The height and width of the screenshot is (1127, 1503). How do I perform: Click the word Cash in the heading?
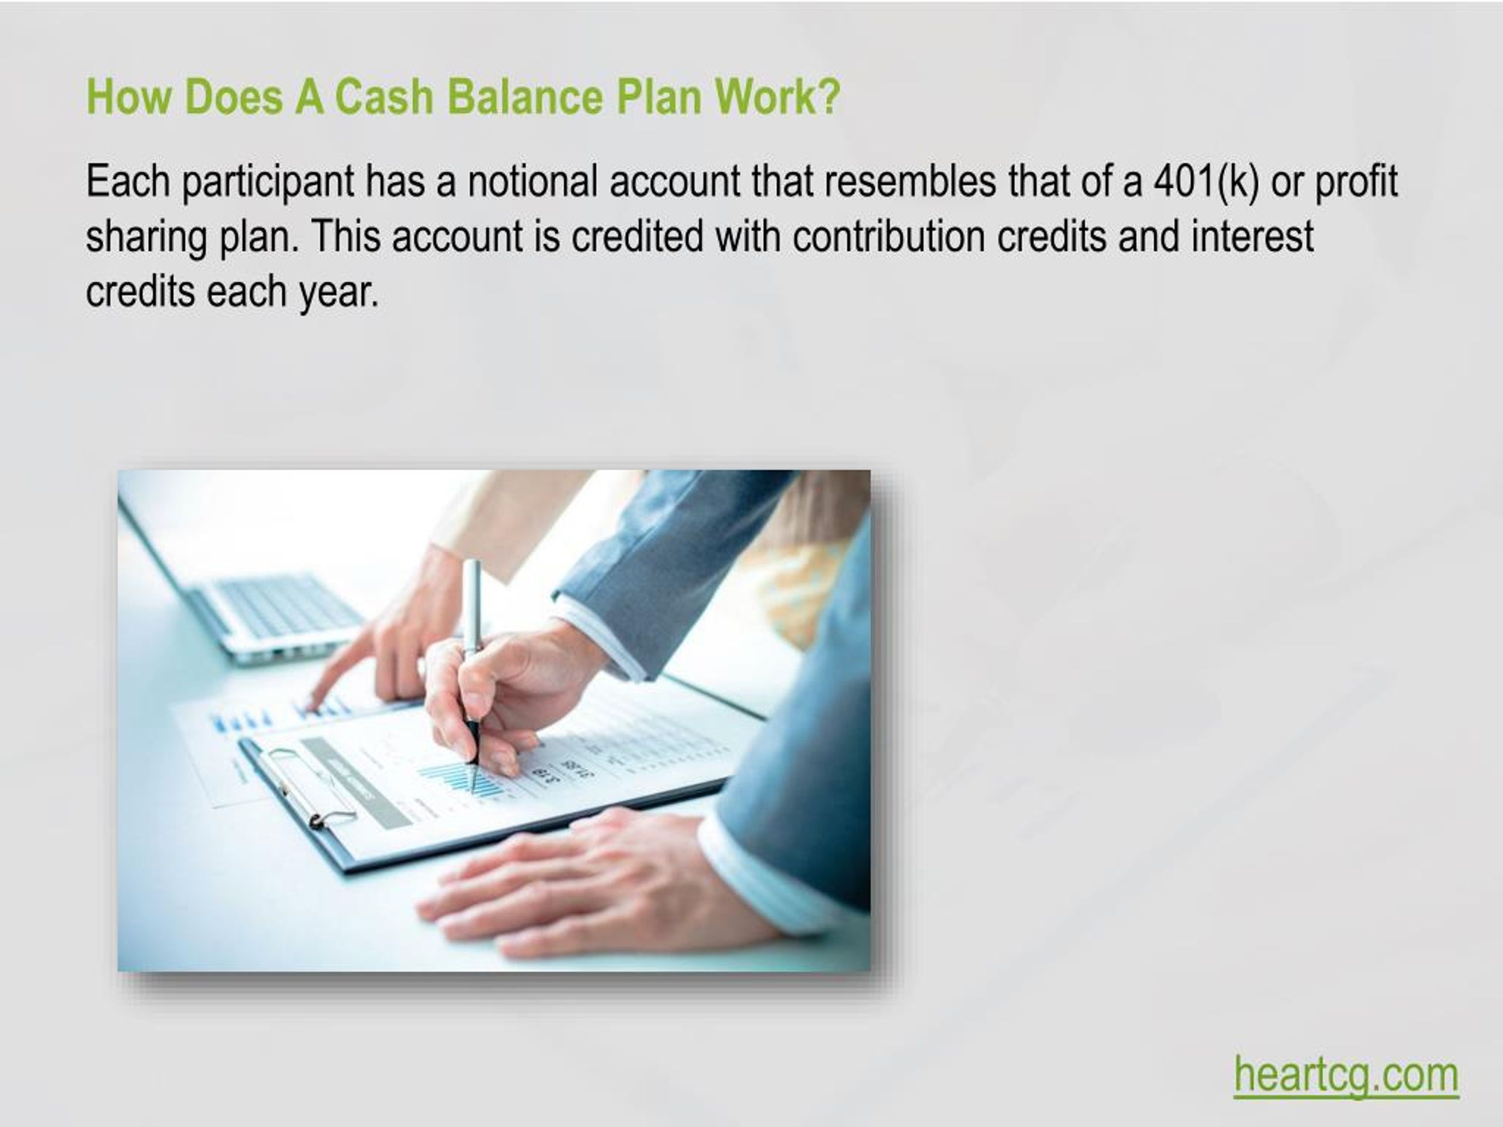(383, 96)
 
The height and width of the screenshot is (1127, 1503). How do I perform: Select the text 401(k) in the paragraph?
(1206, 181)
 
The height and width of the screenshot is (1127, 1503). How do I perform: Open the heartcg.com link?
(1346, 1075)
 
